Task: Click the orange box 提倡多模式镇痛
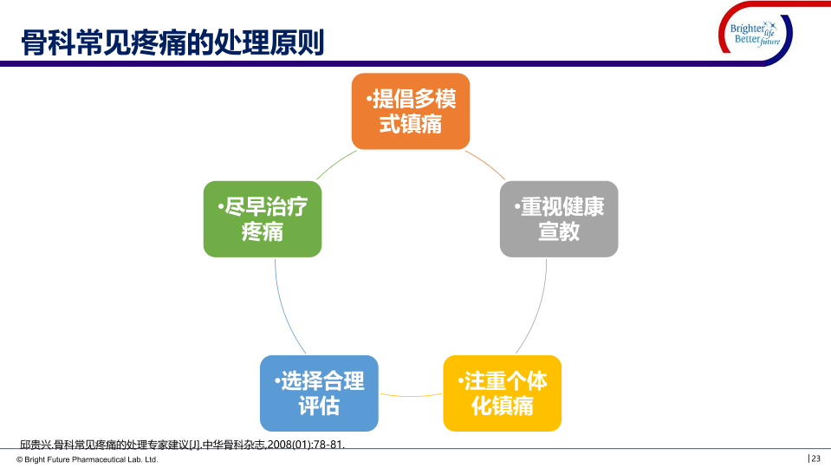pos(411,111)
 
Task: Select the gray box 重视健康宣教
pos(559,218)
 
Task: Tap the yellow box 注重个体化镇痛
pos(503,393)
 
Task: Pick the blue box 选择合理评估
pos(319,393)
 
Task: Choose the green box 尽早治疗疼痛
pos(263,218)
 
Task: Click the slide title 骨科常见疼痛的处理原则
pos(172,42)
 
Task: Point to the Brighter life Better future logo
pos(755,36)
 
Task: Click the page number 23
pos(815,458)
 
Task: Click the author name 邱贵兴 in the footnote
pos(35,445)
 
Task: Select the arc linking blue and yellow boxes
pos(411,395)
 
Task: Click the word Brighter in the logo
pos(741,29)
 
